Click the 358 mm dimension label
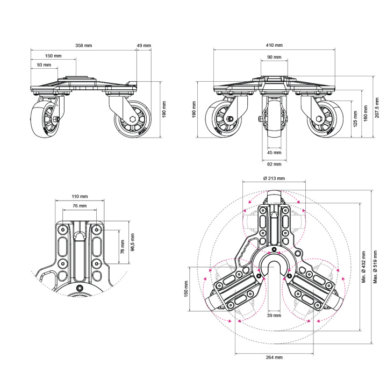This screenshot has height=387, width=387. click(84, 45)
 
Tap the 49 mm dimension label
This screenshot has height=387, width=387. click(144, 45)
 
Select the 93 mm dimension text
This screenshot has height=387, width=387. click(44, 65)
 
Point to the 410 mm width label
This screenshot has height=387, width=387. click(274, 45)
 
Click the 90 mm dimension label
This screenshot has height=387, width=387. click(274, 57)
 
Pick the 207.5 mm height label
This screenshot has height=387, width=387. click(377, 107)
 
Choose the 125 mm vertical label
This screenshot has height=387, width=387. click(355, 119)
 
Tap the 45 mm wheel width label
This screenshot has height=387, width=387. click(274, 153)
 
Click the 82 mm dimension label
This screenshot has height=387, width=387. click(274, 164)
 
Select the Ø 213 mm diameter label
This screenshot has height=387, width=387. click(274, 178)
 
